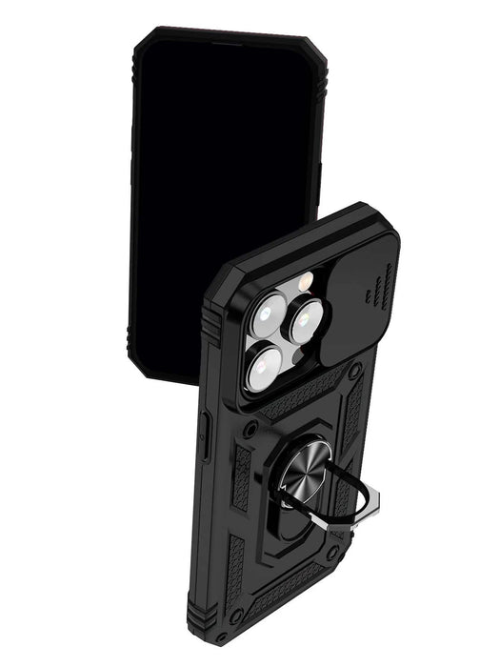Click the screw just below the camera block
tap(249, 431)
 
